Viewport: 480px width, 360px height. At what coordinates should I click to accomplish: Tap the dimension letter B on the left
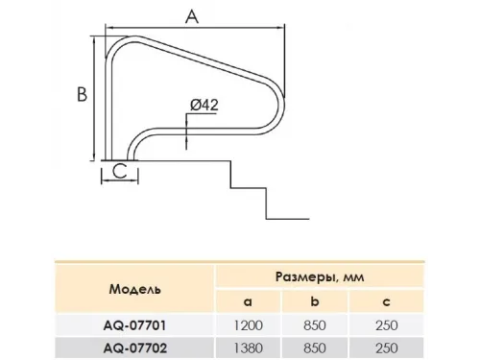click(x=83, y=95)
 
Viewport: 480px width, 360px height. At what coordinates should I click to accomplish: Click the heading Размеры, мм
click(x=317, y=276)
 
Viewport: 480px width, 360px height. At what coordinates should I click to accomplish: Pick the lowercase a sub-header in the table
click(x=246, y=301)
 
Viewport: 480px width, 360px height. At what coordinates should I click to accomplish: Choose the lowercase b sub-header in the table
click(x=318, y=301)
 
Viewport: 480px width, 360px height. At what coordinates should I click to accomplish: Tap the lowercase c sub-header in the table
click(x=390, y=301)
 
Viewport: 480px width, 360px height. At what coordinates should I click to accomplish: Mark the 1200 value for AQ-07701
click(x=246, y=325)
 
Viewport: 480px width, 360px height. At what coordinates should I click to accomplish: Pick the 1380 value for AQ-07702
click(x=246, y=348)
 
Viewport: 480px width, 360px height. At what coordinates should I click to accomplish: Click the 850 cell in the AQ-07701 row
click(x=318, y=325)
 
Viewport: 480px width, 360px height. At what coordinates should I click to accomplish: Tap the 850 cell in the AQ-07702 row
click(x=318, y=348)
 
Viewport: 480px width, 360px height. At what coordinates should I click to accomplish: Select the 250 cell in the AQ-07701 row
click(x=390, y=325)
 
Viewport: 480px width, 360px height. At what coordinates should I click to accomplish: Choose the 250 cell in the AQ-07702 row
click(x=390, y=348)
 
